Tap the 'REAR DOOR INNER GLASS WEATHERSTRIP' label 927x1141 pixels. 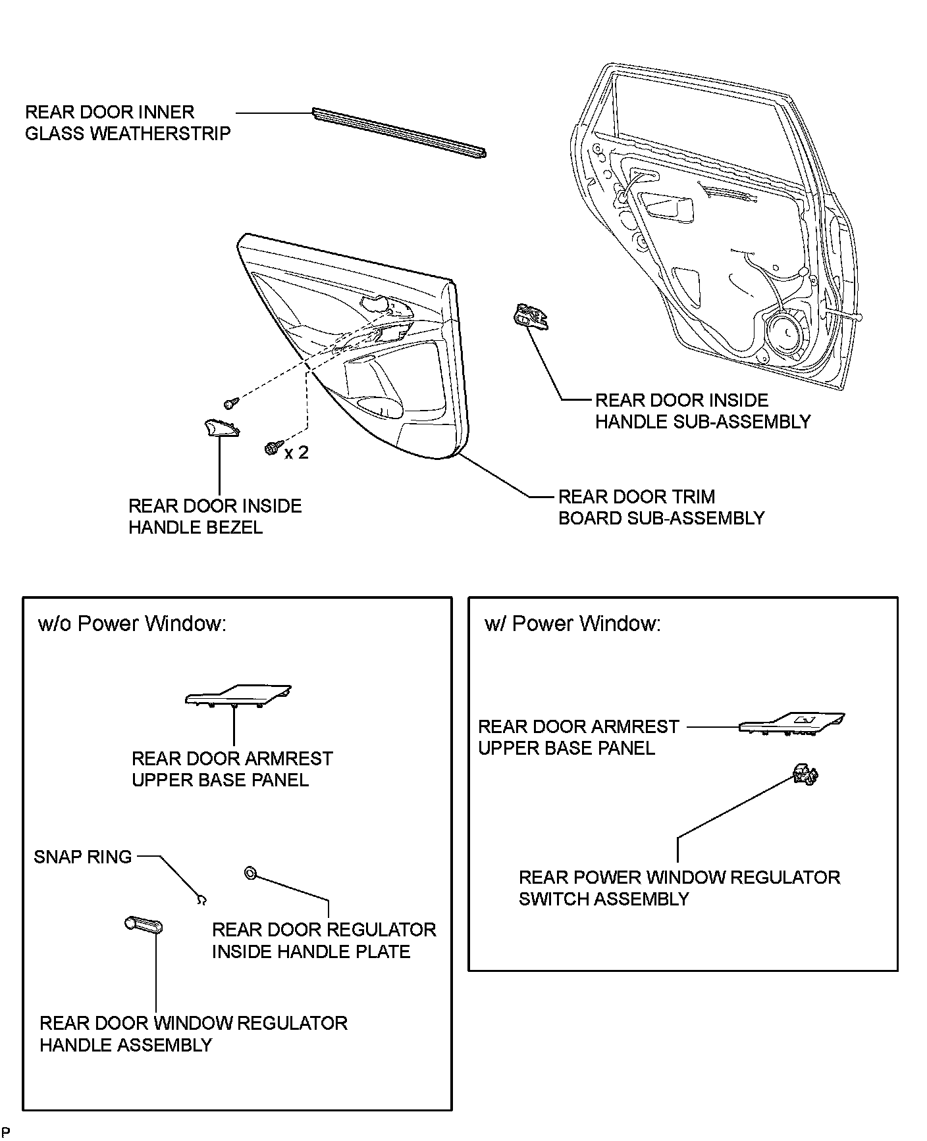click(128, 122)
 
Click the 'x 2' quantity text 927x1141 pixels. click(296, 453)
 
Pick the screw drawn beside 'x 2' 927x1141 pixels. click(272, 447)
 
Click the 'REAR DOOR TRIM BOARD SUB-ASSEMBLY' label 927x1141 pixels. click(661, 507)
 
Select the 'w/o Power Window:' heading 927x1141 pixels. click(132, 623)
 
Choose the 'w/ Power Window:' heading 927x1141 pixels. click(572, 623)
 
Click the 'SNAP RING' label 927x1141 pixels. click(83, 857)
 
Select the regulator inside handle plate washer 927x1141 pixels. click(250, 873)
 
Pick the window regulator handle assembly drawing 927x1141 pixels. click(143, 925)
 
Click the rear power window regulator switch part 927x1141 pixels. click(805, 775)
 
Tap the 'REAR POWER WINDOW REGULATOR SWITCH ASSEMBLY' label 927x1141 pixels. click(679, 888)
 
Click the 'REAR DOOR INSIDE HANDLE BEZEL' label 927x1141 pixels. click(215, 517)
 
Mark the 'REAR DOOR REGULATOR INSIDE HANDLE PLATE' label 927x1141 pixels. click(323, 940)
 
